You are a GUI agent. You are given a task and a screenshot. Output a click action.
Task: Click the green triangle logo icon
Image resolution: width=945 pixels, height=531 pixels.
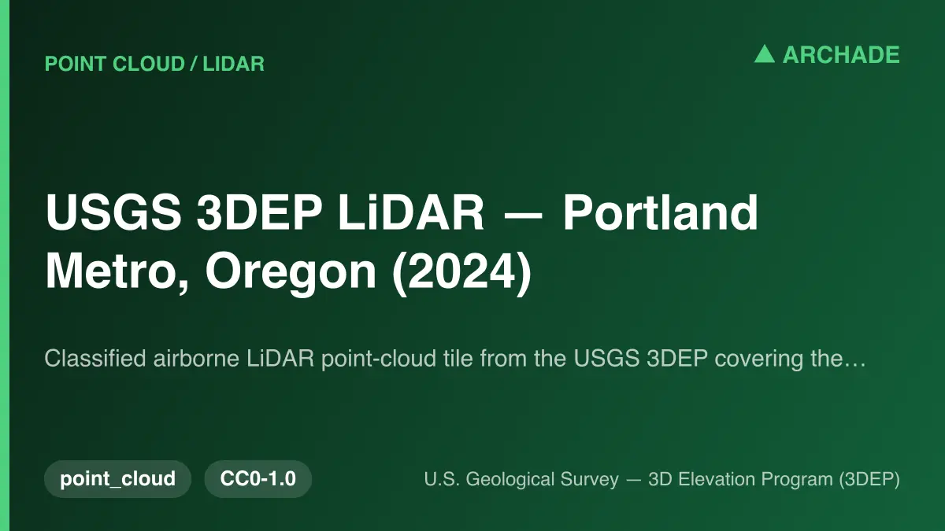pos(765,54)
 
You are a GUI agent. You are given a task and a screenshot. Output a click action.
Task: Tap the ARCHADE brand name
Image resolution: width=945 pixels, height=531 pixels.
pos(841,55)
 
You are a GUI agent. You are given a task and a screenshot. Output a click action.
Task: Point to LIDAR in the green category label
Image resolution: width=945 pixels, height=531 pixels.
pos(233,64)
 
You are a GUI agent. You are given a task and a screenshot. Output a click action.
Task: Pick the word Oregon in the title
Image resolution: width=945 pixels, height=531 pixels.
pos(291,273)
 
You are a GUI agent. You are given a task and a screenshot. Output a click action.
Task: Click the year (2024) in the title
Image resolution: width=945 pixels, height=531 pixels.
pos(461,272)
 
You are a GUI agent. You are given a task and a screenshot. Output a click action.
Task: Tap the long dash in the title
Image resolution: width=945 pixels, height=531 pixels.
pos(523,216)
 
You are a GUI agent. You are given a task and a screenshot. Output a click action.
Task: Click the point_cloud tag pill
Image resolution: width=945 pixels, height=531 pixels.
pos(117,479)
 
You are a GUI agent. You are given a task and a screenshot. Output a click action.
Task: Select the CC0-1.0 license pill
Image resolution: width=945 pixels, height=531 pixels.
pos(258,479)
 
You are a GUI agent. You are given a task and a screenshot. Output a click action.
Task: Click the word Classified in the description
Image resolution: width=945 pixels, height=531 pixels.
pos(95,358)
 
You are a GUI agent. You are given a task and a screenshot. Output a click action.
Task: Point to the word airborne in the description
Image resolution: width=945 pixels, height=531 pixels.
pos(196,358)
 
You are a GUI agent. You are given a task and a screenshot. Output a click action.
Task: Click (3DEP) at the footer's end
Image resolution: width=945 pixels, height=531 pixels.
pos(869,480)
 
